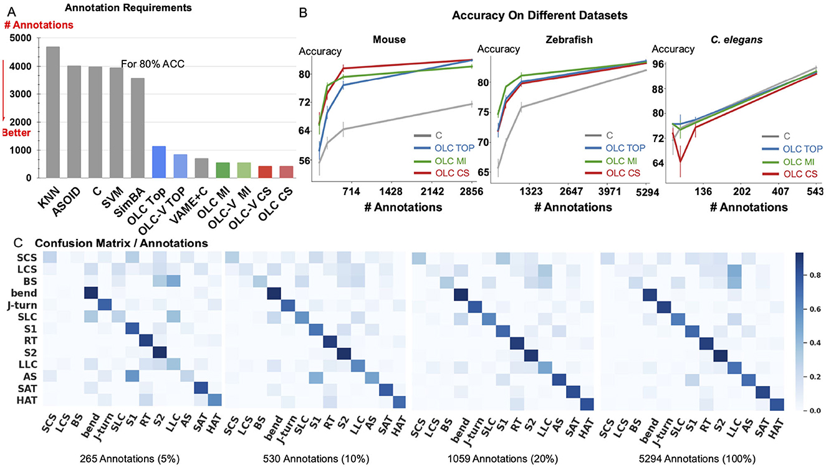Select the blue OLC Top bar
pos(159,161)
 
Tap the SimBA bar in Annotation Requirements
pos(138,128)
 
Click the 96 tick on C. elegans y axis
pos(656,63)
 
